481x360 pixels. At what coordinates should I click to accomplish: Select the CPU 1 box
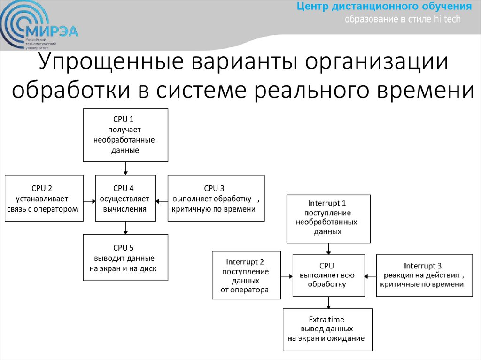125,135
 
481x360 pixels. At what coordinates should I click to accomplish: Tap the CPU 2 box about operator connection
44,198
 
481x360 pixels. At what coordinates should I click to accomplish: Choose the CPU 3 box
216,198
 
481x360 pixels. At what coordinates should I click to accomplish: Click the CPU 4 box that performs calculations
125,198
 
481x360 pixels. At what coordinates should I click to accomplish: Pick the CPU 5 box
125,258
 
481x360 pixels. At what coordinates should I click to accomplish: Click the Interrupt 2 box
246,276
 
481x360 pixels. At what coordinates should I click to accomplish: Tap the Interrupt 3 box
424,276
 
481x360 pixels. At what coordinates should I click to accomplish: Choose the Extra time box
328,329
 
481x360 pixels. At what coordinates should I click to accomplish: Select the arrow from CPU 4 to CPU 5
125,228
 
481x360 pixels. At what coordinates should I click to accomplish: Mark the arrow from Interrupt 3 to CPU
371,276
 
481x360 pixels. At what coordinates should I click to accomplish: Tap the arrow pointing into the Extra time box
328,303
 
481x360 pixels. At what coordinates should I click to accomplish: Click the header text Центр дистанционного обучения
384,7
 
